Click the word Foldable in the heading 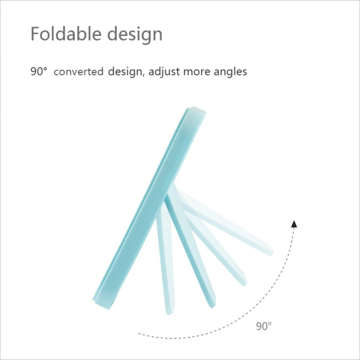(66, 34)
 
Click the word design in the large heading (135, 35)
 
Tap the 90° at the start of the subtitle (39, 71)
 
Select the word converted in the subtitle (79, 71)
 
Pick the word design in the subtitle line (125, 72)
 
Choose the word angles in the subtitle (230, 72)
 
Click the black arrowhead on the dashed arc (294, 224)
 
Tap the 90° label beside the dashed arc (264, 326)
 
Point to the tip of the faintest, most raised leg (271, 253)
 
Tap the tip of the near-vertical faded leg (169, 312)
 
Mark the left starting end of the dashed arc (138, 333)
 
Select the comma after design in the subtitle (143, 75)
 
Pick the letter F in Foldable (35, 34)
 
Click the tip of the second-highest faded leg (244, 283)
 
